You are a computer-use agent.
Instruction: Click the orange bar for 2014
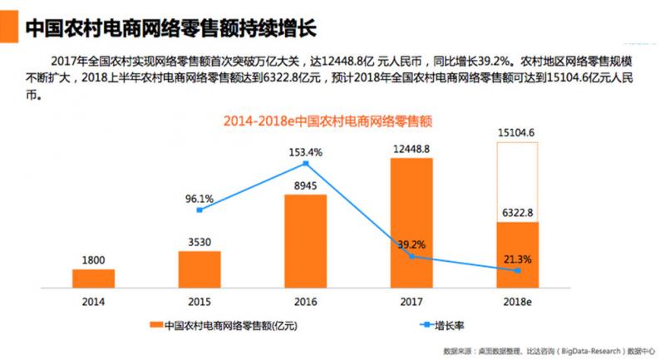pos(93,278)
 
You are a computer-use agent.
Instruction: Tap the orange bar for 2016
pos(305,240)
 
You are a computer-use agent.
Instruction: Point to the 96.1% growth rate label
pos(199,199)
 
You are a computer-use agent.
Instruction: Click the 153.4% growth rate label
pos(306,152)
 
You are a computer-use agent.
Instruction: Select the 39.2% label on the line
pos(413,244)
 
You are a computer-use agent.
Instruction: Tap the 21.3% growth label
pos(518,259)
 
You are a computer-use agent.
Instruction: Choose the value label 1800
pos(93,261)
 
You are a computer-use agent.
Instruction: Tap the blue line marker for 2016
pos(306,163)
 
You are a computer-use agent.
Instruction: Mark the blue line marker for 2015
pos(199,210)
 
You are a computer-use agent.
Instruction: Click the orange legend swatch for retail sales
pos(155,325)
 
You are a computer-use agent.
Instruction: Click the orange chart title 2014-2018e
pos(332,121)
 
